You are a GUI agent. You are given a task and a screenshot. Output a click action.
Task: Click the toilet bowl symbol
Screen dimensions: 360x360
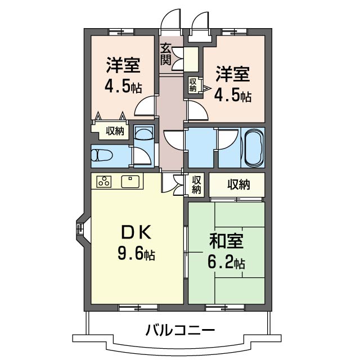[x=102, y=156]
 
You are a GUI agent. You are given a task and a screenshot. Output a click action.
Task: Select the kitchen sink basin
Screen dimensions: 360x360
[x=130, y=182]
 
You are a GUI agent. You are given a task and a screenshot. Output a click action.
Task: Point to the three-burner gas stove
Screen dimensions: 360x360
[x=104, y=181]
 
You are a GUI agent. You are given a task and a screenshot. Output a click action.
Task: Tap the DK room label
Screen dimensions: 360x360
[x=136, y=232]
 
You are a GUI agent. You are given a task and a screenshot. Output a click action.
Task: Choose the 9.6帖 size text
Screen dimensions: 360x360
[x=136, y=253]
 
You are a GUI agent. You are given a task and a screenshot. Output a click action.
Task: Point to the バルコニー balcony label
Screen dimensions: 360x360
[x=180, y=330]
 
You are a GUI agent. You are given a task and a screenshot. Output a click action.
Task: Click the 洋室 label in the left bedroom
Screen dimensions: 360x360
[x=123, y=65]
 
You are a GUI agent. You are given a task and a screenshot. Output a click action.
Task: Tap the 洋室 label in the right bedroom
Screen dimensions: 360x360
[x=232, y=74]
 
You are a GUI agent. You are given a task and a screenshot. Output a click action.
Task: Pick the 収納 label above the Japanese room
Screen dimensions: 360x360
[x=238, y=184]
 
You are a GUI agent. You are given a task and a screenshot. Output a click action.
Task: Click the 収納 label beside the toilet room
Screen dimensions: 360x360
[x=115, y=131]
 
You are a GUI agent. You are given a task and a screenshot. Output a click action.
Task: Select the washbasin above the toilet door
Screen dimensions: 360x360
[x=144, y=133]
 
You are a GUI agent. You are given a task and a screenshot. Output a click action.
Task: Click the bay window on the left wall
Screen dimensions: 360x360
[x=80, y=229]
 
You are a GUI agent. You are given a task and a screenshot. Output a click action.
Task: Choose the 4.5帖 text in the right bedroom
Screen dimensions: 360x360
[x=233, y=96]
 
